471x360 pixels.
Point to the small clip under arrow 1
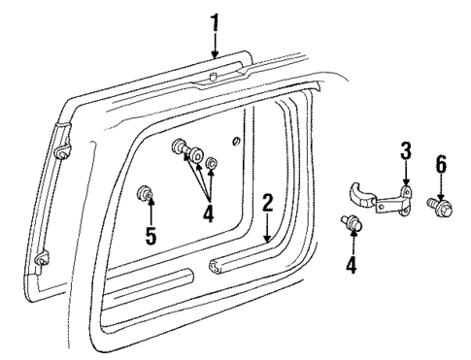(213, 76)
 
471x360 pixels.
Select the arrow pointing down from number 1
(215, 44)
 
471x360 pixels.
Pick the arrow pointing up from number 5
(151, 212)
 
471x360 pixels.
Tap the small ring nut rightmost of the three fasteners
(212, 154)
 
